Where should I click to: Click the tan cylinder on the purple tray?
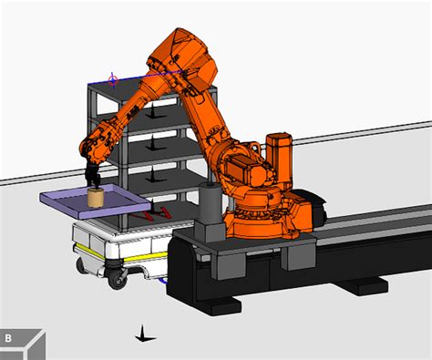point(96,198)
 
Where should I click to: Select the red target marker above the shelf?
point(113,80)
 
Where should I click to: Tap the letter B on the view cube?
point(8,338)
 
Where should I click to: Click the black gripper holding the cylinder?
point(92,176)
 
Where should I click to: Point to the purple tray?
point(96,201)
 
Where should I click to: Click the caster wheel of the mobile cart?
point(118,278)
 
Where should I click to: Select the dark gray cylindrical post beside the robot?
point(211,202)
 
